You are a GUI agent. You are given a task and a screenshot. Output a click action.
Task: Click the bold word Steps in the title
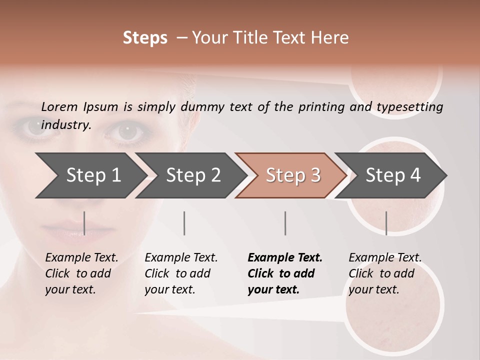point(145,38)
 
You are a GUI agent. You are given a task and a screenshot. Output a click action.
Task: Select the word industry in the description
point(66,124)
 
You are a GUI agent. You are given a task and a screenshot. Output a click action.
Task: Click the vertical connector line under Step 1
point(84,223)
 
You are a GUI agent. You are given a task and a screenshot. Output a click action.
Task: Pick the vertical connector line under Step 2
point(184,223)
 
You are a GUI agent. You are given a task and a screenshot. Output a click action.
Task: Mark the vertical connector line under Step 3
point(285,223)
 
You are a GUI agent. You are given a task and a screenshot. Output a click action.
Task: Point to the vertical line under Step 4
point(386,223)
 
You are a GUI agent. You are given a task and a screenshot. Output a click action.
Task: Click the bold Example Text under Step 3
point(285,258)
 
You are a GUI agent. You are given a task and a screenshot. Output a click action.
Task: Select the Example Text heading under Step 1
point(81,258)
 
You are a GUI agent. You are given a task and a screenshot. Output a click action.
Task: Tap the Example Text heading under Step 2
point(181,258)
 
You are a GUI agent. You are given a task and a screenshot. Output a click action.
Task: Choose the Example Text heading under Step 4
point(385,258)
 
